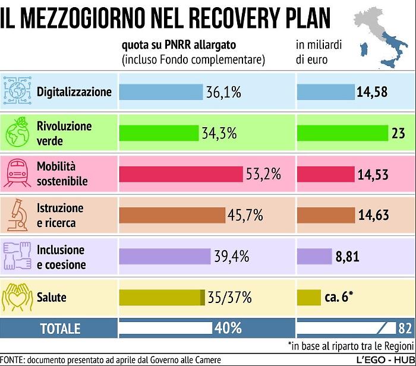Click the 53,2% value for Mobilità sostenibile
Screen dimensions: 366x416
[261, 174]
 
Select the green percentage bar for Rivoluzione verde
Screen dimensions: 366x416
[159, 133]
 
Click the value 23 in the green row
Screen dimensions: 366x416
[398, 133]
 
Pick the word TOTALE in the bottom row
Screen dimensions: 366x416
[59, 328]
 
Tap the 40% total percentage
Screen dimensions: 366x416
[228, 328]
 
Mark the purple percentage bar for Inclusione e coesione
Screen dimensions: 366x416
[165, 256]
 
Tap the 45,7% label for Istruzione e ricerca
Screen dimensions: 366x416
[245, 215]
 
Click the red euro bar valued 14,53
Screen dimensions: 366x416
[325, 174]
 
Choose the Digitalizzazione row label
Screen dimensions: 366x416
[74, 92]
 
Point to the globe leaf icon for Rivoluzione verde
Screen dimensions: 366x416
[17, 133]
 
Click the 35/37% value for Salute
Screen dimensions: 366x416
[230, 296]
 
